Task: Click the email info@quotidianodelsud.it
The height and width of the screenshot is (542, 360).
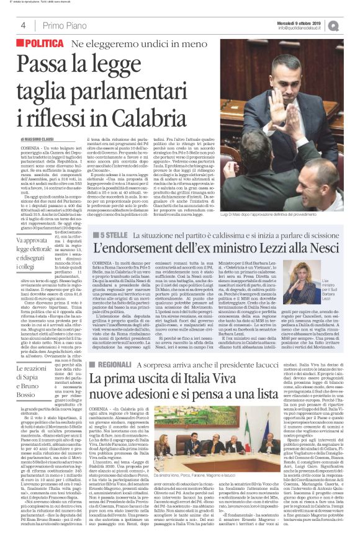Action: (304, 27)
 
